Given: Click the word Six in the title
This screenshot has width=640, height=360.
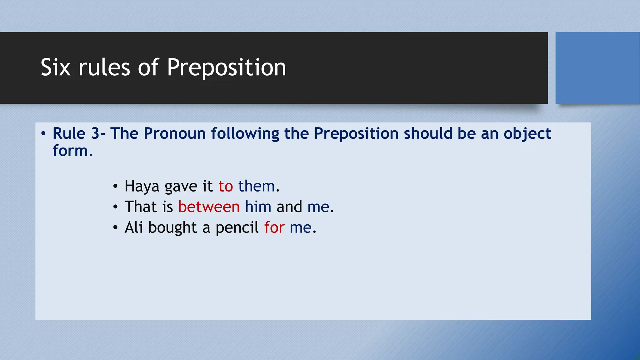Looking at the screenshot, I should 55,67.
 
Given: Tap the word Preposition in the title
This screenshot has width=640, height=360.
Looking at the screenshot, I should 226,67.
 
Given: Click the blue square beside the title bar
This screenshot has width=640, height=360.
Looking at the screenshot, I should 597,67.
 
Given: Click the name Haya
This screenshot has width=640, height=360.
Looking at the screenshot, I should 142,187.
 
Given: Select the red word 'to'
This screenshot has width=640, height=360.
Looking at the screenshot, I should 226,187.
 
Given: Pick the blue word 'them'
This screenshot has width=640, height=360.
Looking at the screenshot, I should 256,187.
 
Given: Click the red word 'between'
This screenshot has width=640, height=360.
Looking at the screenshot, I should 209,207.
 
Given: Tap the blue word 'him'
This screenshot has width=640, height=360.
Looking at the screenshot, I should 258,207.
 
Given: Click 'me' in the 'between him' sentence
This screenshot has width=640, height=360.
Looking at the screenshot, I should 318,207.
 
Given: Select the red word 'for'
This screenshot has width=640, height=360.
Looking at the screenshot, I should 274,228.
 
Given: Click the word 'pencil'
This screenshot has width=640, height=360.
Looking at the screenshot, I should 237,228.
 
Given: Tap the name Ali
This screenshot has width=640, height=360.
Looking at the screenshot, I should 133,228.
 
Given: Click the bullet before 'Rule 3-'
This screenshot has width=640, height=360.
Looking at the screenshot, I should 43,134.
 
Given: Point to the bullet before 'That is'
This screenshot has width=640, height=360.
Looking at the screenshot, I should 115,207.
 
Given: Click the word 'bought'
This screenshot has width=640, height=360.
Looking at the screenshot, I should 172,228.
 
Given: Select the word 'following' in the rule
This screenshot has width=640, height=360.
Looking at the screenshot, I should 245,134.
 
